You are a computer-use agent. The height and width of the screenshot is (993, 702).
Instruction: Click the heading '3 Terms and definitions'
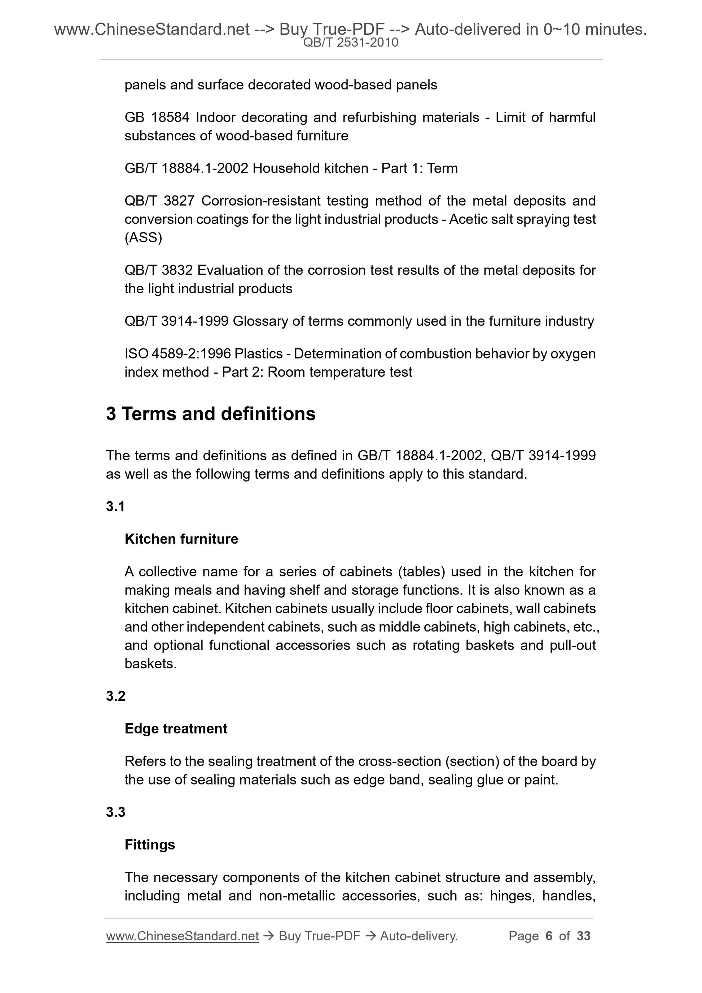click(211, 414)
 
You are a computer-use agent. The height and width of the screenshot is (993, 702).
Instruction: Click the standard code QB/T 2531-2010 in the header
click(351, 43)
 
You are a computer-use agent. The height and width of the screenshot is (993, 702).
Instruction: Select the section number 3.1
click(115, 506)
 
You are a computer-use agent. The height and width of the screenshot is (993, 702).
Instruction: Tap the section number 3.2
click(115, 696)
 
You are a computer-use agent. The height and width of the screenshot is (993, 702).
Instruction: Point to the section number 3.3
click(115, 812)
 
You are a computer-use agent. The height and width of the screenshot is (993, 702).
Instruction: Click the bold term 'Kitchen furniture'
click(181, 539)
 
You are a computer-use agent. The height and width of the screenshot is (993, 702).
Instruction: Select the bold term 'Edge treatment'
click(176, 729)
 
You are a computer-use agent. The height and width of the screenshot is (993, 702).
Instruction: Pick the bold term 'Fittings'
click(150, 845)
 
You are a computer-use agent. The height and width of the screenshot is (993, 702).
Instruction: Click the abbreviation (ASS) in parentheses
click(143, 238)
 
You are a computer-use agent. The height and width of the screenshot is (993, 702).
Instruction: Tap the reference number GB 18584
click(157, 117)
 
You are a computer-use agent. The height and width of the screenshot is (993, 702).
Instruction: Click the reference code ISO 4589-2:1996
click(177, 354)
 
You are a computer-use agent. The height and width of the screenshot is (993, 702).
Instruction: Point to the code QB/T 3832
click(159, 270)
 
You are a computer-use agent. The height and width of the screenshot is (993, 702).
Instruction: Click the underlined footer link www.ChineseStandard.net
click(182, 936)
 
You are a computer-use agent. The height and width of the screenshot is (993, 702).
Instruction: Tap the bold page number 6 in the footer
click(549, 936)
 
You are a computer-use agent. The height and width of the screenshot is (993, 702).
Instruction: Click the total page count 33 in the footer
click(583, 936)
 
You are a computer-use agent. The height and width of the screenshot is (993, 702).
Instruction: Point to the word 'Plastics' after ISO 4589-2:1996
click(258, 354)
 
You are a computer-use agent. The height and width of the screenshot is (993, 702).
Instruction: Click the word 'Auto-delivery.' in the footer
click(419, 936)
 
